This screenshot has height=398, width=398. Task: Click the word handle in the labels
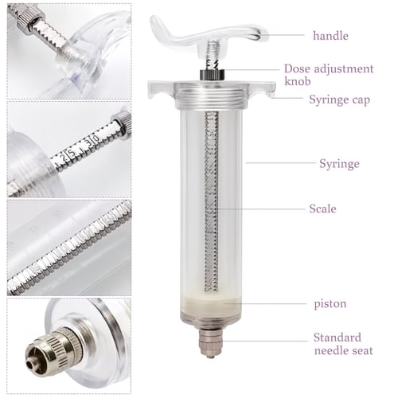pyautogui.click(x=330, y=36)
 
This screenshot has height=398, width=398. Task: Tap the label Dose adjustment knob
pyautogui.click(x=329, y=75)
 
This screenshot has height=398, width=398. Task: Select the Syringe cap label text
pyautogui.click(x=339, y=100)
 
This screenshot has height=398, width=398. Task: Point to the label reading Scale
pyautogui.click(x=322, y=209)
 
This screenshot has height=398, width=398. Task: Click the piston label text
pyautogui.click(x=330, y=304)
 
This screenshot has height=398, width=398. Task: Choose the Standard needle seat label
pyautogui.click(x=343, y=344)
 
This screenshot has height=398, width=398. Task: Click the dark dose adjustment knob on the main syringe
pyautogui.click(x=212, y=74)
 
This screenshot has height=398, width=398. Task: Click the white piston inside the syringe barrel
pyautogui.click(x=212, y=302)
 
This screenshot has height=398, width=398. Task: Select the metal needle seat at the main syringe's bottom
pyautogui.click(x=210, y=342)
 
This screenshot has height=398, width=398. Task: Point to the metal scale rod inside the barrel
pyautogui.click(x=212, y=201)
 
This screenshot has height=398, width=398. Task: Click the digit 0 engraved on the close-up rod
pyautogui.click(x=96, y=139)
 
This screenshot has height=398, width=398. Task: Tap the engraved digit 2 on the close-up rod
pyautogui.click(x=63, y=158)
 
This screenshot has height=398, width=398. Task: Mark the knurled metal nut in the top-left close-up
pyautogui.click(x=29, y=19)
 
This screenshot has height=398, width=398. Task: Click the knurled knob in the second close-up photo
pyautogui.click(x=123, y=123)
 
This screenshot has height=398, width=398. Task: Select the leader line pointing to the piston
pyautogui.click(x=265, y=303)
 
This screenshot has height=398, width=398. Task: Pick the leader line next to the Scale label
pyautogui.click(x=261, y=209)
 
